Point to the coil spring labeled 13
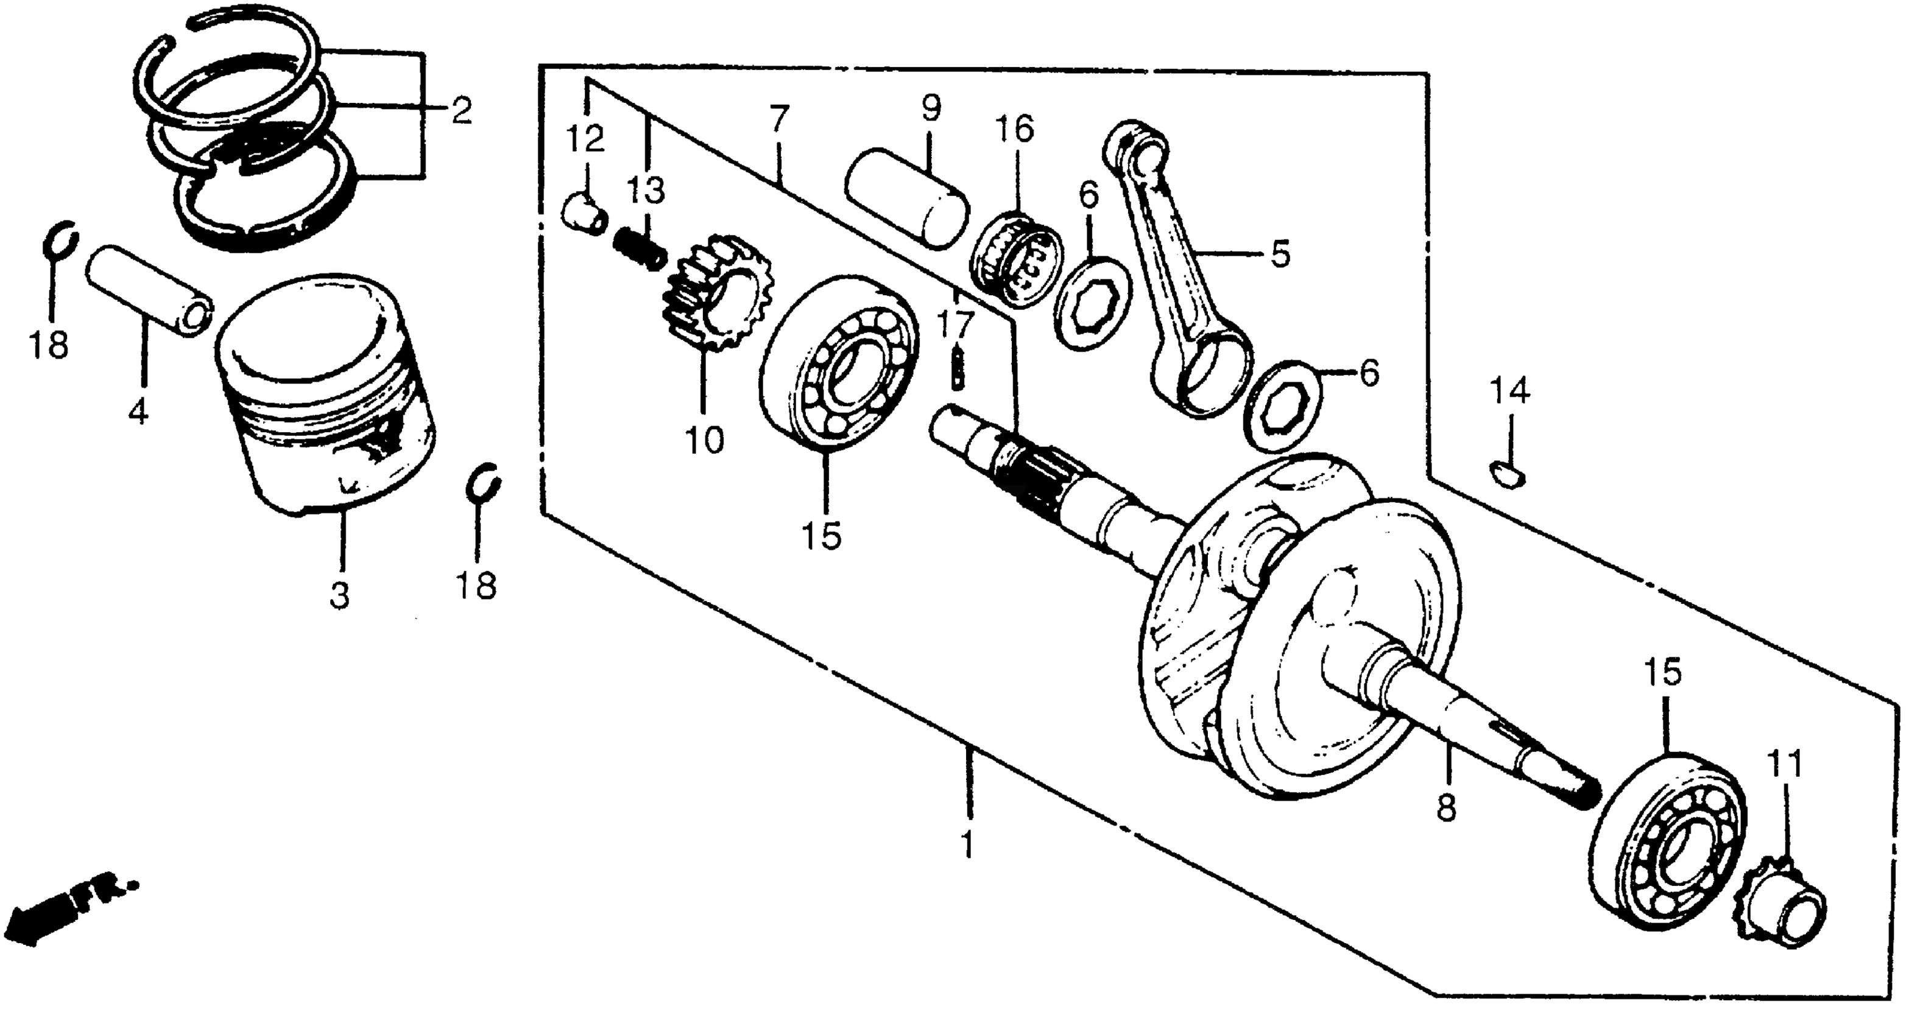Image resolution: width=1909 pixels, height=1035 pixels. pyautogui.click(x=640, y=250)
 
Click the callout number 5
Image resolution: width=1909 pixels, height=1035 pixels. pyautogui.click(x=1280, y=253)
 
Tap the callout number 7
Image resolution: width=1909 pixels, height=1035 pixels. pyautogui.click(x=779, y=119)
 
